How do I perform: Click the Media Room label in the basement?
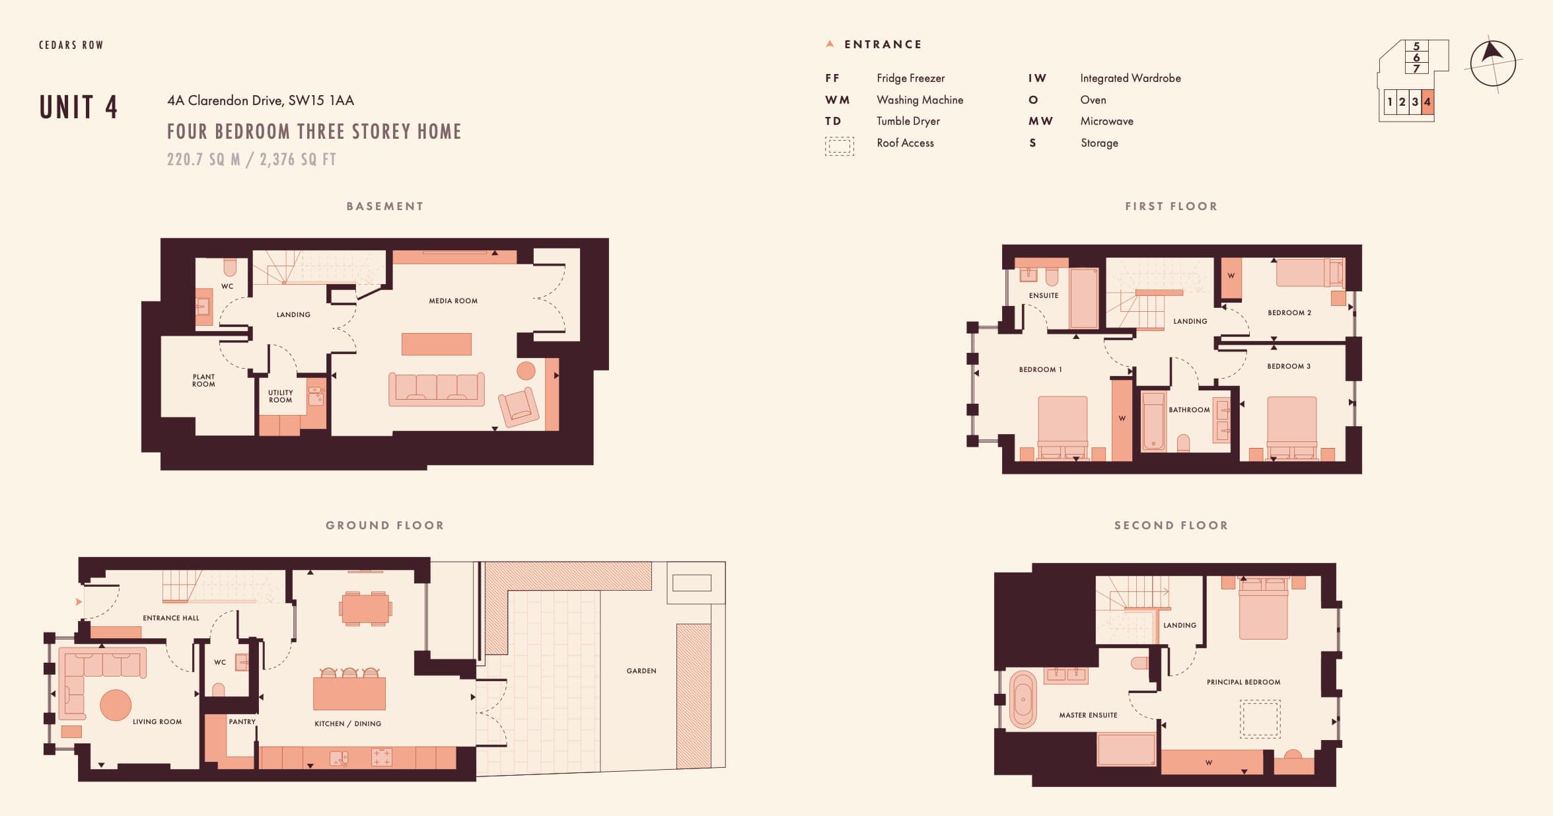(453, 301)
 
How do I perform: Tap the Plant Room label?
(203, 381)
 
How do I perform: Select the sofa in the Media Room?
(437, 389)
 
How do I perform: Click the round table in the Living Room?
(116, 705)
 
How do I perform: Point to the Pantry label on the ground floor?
(242, 722)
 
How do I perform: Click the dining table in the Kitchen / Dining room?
(365, 609)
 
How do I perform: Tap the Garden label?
(641, 671)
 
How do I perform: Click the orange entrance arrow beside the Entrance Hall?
(79, 602)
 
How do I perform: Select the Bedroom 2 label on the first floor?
(1289, 313)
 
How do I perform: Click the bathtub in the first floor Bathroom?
(1153, 422)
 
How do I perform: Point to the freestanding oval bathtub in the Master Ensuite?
(1023, 700)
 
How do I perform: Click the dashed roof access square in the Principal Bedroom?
(1260, 719)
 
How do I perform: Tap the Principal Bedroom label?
(1243, 682)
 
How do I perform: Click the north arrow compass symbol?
(1493, 63)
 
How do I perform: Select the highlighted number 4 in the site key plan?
(1427, 102)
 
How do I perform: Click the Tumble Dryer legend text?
(908, 121)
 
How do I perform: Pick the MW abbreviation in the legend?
(1040, 121)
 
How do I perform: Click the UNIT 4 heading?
(79, 107)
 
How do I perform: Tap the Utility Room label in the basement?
(280, 396)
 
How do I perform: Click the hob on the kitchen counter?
(382, 757)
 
